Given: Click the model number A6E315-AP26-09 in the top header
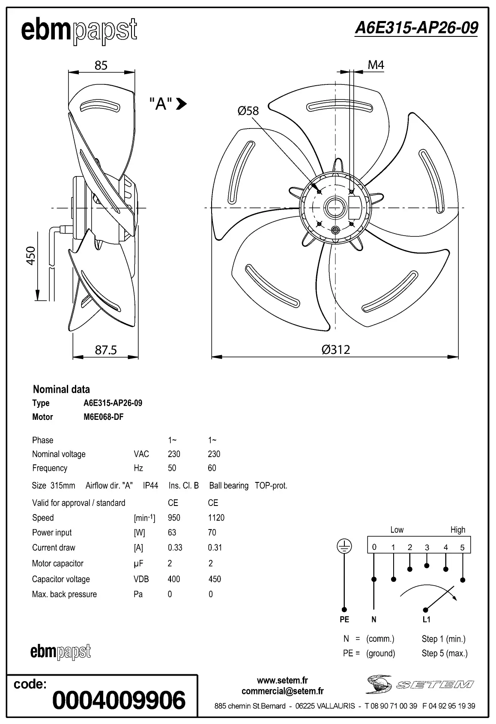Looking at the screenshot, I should click(x=416, y=28).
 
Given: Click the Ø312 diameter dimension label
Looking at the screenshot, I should click(x=336, y=350).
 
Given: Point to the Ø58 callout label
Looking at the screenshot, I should click(x=248, y=111).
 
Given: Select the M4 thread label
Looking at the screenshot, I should click(x=376, y=65).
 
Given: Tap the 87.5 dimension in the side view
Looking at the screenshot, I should click(x=105, y=350).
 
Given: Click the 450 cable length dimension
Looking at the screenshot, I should click(x=31, y=256).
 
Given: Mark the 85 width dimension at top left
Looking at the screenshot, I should click(x=101, y=65).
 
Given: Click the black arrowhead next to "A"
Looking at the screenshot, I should click(x=182, y=103).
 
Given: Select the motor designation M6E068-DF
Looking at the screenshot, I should click(x=103, y=417).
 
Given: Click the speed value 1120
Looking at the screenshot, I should click(x=216, y=518).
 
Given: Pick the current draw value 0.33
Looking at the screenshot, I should click(x=175, y=547).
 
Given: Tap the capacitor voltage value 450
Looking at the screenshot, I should click(x=214, y=579).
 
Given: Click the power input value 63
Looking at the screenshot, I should click(x=172, y=533).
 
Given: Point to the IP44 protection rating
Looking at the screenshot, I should click(x=150, y=485).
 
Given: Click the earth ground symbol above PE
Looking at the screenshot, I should click(x=344, y=546).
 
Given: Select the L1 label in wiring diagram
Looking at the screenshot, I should click(x=426, y=619).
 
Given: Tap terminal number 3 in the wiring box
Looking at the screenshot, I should click(x=427, y=547).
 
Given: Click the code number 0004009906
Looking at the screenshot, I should click(x=119, y=700).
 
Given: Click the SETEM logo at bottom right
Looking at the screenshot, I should click(x=420, y=684).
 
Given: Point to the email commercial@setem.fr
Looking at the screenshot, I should click(x=282, y=691).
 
